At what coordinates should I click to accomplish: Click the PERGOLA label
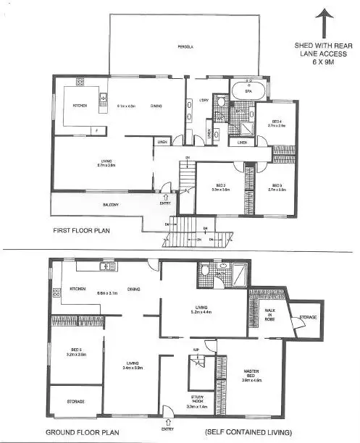[x=188, y=47]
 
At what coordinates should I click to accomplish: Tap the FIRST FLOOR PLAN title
[x=83, y=231]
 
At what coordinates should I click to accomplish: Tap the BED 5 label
[x=77, y=351]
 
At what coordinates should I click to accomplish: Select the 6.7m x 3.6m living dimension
[x=107, y=164]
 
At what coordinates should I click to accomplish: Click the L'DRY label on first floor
[x=205, y=99]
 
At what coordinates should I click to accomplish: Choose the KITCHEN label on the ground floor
[x=78, y=288]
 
